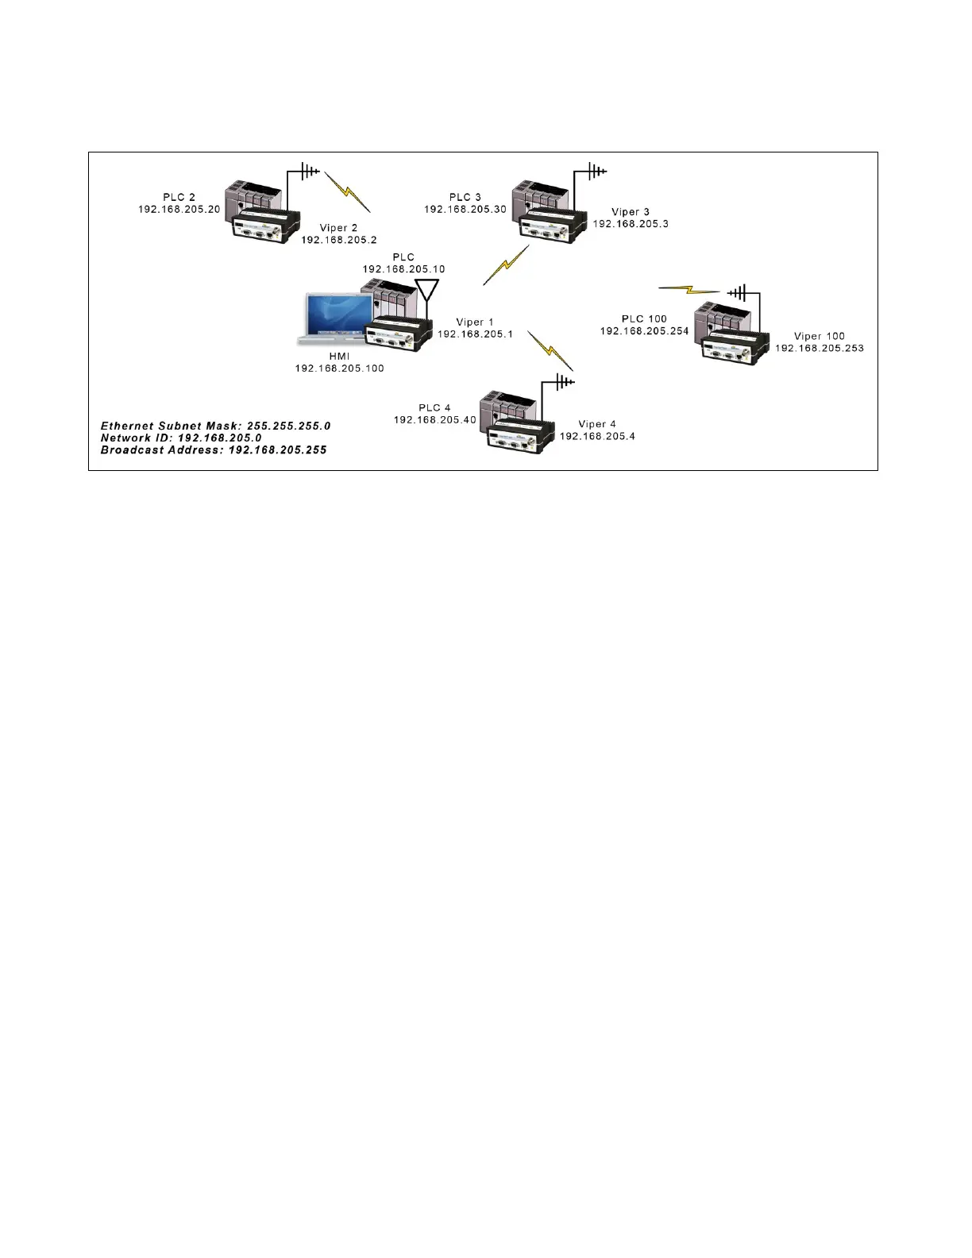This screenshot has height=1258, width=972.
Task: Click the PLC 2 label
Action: (x=179, y=197)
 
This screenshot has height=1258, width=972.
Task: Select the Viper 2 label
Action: (x=339, y=228)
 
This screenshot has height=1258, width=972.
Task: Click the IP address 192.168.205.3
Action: (x=631, y=224)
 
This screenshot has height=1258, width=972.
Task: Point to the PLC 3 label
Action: (x=465, y=197)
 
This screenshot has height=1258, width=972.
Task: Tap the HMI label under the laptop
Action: (x=339, y=357)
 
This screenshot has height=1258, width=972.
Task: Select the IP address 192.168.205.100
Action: (x=339, y=369)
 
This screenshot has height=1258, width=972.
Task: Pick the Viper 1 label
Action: (x=475, y=322)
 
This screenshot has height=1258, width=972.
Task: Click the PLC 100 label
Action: (x=644, y=319)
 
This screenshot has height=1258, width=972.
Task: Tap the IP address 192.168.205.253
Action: (x=819, y=348)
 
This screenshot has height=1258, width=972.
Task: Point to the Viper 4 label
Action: (x=597, y=424)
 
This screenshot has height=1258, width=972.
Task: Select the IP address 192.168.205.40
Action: (x=434, y=419)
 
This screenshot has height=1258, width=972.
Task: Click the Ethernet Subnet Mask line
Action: (x=215, y=426)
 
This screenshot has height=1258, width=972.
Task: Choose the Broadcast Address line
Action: (x=213, y=450)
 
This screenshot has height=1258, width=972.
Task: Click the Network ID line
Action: (x=181, y=438)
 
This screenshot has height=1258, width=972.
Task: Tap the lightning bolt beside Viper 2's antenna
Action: (x=348, y=192)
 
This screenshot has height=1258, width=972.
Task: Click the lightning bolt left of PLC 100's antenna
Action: (x=688, y=288)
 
